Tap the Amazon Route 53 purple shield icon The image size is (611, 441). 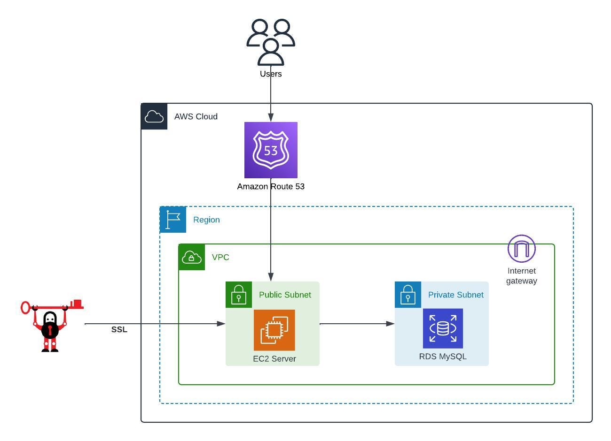pyautogui.click(x=271, y=150)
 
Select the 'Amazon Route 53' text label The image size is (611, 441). pyautogui.click(x=271, y=186)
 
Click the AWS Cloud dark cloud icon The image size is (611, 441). pyautogui.click(x=154, y=116)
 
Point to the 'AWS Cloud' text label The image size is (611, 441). pyautogui.click(x=196, y=116)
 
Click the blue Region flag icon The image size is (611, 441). pyautogui.click(x=173, y=220)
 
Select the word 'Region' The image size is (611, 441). pyautogui.click(x=206, y=220)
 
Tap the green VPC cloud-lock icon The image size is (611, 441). pyautogui.click(x=192, y=257)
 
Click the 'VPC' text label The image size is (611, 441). pyautogui.click(x=220, y=257)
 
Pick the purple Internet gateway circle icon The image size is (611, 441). pyautogui.click(x=522, y=249)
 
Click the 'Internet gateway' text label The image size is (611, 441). pyautogui.click(x=522, y=276)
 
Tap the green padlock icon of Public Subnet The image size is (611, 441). pyautogui.click(x=239, y=295)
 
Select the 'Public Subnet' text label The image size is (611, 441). pyautogui.click(x=285, y=295)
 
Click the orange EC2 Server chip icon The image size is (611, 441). pyautogui.click(x=274, y=330)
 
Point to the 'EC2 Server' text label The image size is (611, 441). pyautogui.click(x=274, y=359)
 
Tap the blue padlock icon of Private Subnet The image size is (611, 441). pyautogui.click(x=408, y=295)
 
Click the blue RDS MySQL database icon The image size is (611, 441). pyautogui.click(x=443, y=328)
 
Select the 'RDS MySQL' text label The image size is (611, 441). pyautogui.click(x=443, y=357)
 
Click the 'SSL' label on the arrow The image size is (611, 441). pyautogui.click(x=119, y=329)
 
